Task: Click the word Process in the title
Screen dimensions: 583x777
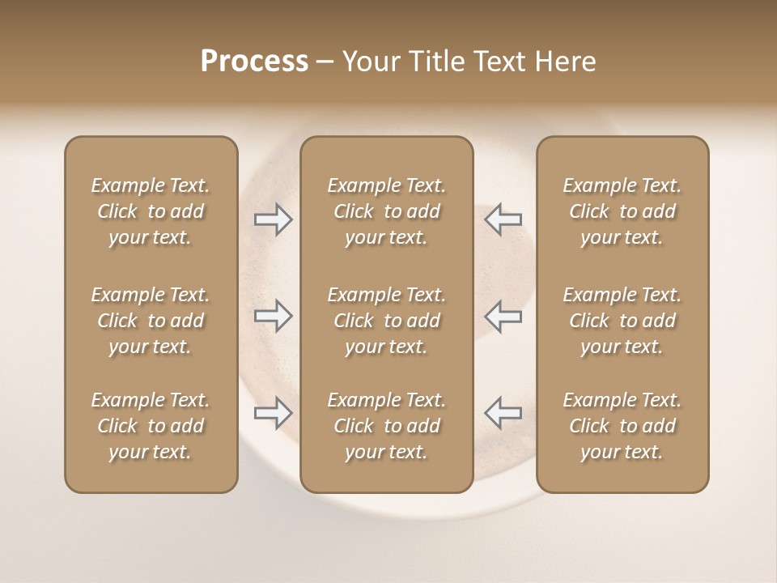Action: [x=254, y=62]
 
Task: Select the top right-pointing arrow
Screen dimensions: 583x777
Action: [x=274, y=219]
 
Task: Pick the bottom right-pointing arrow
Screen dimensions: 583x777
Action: [x=274, y=413]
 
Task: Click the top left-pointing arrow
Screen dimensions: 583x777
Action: [x=503, y=219]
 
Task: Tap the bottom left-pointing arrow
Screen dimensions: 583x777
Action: [x=503, y=413]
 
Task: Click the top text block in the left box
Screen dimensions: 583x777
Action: [x=151, y=211]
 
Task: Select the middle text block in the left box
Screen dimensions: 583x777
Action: [x=151, y=321]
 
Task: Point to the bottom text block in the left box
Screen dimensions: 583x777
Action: [x=151, y=426]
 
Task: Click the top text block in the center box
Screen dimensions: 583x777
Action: [x=386, y=211]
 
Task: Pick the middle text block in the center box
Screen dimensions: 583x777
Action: [x=386, y=321]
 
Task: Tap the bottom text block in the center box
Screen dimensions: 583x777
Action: [x=386, y=426]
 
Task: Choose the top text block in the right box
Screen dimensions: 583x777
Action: [x=622, y=211]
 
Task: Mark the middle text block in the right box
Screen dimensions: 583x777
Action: [x=622, y=321]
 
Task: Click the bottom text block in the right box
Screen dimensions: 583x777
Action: [x=622, y=426]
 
